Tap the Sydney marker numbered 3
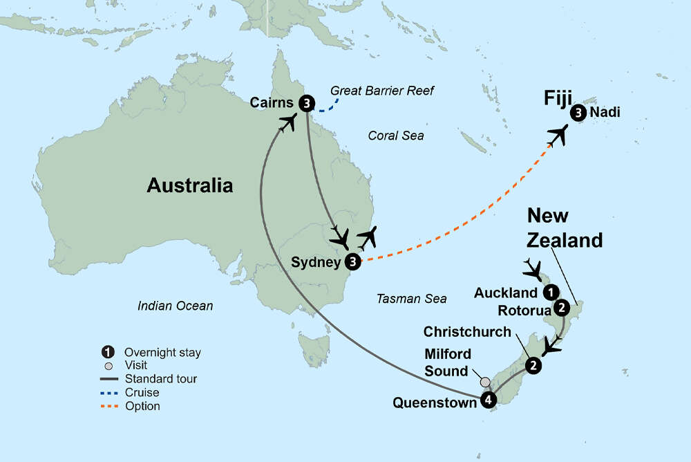click(x=353, y=261)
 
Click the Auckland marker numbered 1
click(x=551, y=292)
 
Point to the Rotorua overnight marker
click(x=562, y=307)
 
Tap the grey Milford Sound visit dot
click(x=485, y=382)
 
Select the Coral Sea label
click(x=396, y=136)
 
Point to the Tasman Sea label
click(x=411, y=299)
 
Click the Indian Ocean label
click(x=175, y=305)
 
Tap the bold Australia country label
click(x=189, y=185)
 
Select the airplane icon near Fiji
click(x=557, y=135)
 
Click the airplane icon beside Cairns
click(x=288, y=123)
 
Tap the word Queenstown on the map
click(x=434, y=402)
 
